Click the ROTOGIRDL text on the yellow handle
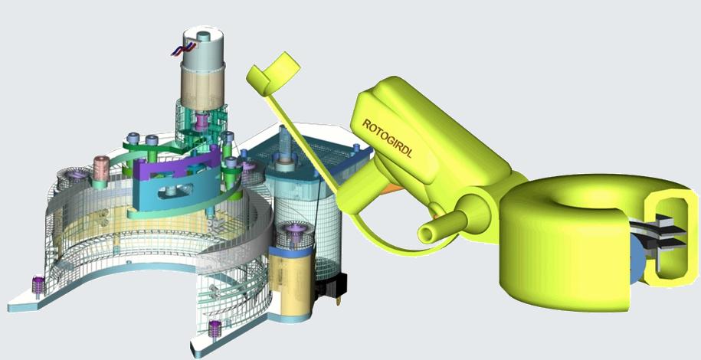click(x=387, y=139)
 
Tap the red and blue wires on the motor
click(x=183, y=49)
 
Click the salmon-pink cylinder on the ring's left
click(x=101, y=169)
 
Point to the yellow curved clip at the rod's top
click(x=274, y=74)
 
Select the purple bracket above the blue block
click(x=177, y=168)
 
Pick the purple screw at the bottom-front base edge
click(x=215, y=328)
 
